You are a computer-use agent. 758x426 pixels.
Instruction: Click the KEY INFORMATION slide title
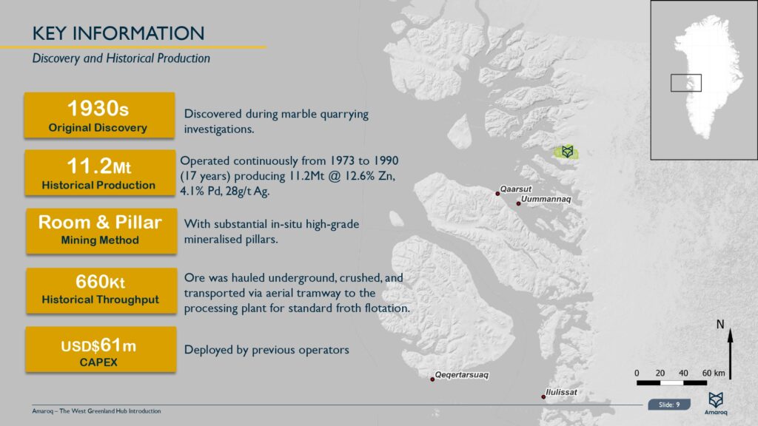pyautogui.click(x=118, y=33)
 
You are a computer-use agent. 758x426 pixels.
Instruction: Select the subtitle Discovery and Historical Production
pyautogui.click(x=121, y=58)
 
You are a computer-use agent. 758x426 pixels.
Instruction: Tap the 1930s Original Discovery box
pyautogui.click(x=98, y=115)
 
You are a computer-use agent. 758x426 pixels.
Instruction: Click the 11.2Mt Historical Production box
pyautogui.click(x=98, y=172)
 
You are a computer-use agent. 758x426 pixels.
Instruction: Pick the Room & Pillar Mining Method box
pyautogui.click(x=99, y=229)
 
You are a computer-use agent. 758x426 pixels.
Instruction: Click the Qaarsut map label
pyautogui.click(x=515, y=189)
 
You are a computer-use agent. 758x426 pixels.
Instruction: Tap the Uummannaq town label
pyautogui.click(x=546, y=200)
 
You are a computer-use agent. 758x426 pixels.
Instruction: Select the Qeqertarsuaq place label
pyautogui.click(x=462, y=375)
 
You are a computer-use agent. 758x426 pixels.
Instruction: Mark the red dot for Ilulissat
pyautogui.click(x=543, y=397)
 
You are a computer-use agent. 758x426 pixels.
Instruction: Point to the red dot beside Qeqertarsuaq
pyautogui.click(x=432, y=379)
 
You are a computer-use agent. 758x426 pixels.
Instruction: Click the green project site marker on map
pyautogui.click(x=567, y=152)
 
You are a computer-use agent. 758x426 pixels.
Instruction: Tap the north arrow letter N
pyautogui.click(x=720, y=325)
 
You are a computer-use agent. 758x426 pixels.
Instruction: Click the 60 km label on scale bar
pyautogui.click(x=713, y=372)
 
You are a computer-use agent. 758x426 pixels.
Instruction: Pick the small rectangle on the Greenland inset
pyautogui.click(x=685, y=83)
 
